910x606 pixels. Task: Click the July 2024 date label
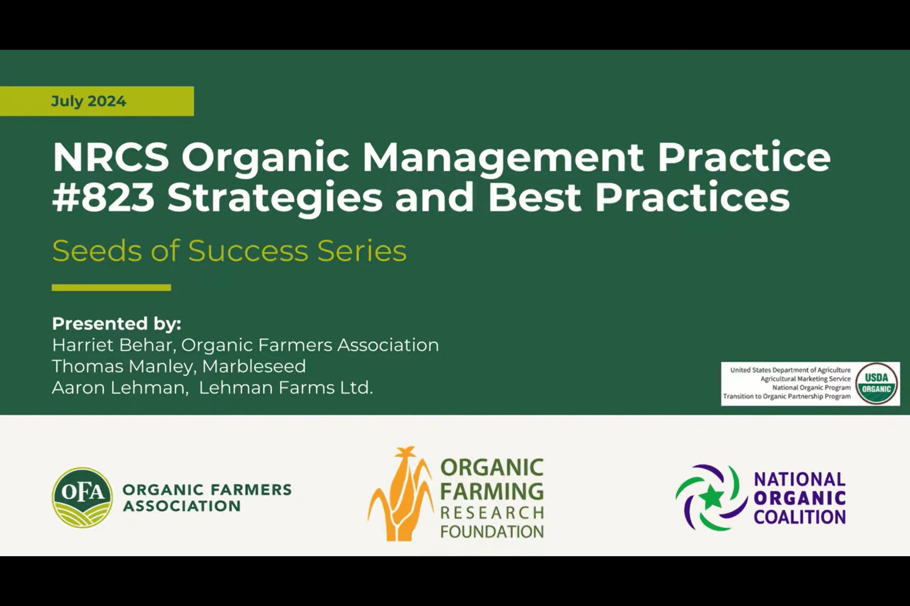(89, 101)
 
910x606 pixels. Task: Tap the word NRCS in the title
(111, 157)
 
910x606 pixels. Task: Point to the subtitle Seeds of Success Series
(229, 251)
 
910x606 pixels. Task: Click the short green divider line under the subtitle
(111, 287)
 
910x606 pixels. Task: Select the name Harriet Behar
(112, 345)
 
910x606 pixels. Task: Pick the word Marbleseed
(254, 366)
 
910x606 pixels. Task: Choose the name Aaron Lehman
(118, 388)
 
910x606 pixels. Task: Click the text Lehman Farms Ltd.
(286, 388)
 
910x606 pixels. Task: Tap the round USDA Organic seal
(876, 383)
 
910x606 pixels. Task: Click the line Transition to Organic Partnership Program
(787, 396)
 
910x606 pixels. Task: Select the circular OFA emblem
(82, 498)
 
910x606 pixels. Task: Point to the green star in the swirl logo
(712, 498)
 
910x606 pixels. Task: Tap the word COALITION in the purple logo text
(799, 517)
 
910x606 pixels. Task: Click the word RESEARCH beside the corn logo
(492, 513)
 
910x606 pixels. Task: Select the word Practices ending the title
(692, 198)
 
